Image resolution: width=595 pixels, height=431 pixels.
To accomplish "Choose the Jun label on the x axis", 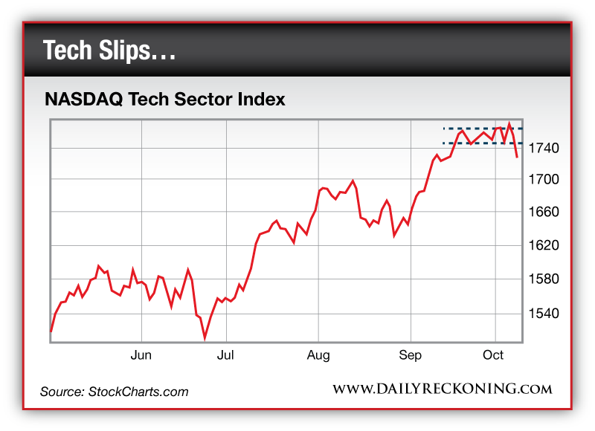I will point(141,355).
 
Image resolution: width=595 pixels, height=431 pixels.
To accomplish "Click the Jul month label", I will point(226,355).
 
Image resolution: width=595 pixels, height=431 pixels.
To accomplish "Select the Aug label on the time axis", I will point(318,355).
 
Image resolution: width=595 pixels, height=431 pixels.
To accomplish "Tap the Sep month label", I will point(410,355).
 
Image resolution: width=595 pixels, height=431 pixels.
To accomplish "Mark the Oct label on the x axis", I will point(494,355).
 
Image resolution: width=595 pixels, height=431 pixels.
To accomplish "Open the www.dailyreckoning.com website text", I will point(442,389).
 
